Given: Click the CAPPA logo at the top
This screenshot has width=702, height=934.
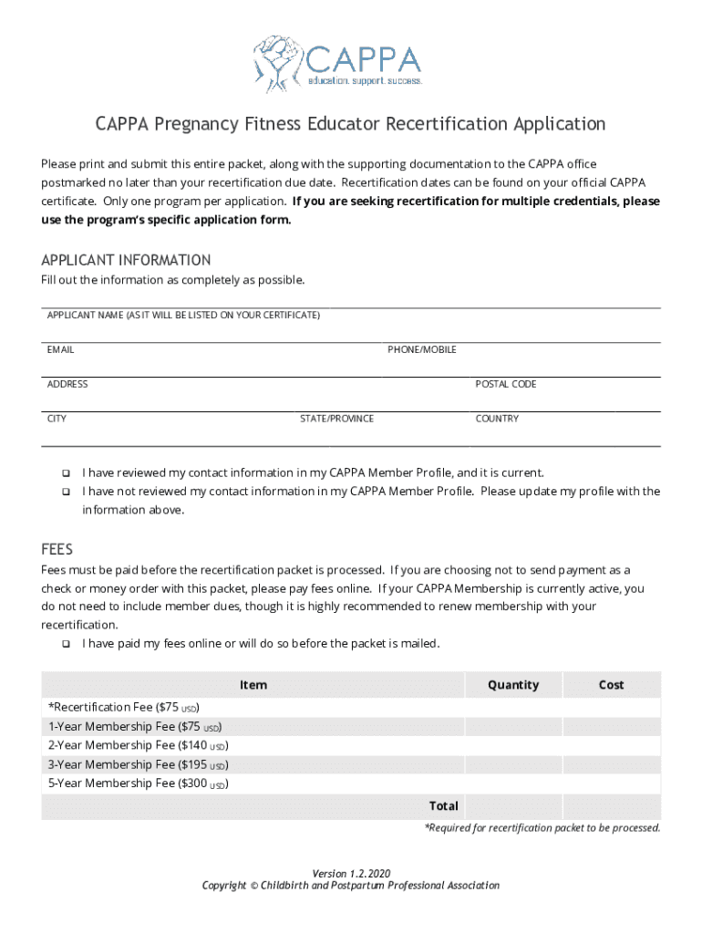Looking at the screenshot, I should coord(338,59).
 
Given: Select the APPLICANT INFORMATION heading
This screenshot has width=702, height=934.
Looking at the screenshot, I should coord(126,260).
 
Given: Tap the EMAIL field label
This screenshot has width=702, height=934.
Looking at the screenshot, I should coord(60,349).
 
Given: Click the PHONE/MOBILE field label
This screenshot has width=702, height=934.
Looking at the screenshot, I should coord(421,349).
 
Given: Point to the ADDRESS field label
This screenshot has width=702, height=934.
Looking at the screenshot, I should coord(67,384).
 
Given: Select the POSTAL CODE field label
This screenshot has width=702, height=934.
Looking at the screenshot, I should coord(505,384).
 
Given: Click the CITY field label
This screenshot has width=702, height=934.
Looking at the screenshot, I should coord(57,419).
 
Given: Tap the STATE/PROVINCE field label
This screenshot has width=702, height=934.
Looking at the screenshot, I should coord(336,419).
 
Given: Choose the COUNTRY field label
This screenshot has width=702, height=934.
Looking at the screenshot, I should coord(497,419).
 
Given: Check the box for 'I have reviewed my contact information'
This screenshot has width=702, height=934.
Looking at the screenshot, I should coord(66,473).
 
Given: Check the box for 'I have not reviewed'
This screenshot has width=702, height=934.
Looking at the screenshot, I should coord(66,492).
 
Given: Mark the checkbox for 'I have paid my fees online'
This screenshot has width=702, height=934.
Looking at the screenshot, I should coord(66,644).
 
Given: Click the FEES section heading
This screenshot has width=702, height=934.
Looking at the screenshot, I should coord(57,550).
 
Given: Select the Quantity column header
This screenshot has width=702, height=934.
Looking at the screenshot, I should coord(513,685).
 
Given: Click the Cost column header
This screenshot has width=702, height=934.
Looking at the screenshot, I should coord(611,685).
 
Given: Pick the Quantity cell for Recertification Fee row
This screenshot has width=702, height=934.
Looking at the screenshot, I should coord(513,708).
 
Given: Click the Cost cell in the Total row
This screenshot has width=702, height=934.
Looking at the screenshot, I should coord(611,806).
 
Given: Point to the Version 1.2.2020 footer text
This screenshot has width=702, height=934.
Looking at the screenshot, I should coord(350,873).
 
